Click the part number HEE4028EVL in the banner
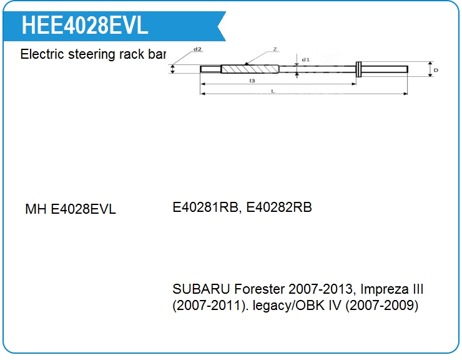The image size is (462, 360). tap(85, 26)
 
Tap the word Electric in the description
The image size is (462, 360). tap(42, 54)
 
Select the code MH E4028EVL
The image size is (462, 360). tap(71, 209)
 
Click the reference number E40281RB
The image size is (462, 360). tap(205, 207)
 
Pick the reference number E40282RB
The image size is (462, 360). tap(279, 207)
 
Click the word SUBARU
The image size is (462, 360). tap(201, 289)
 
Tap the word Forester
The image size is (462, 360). tap(260, 289)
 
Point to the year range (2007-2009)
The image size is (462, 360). tap(381, 306)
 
